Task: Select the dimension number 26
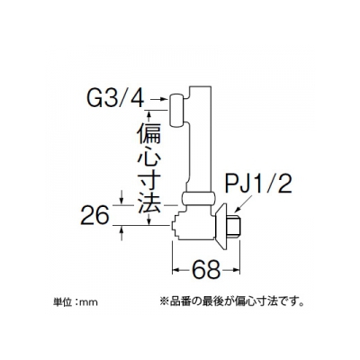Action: (94, 215)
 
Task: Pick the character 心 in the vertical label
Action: (149, 159)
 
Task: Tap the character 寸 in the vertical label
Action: (149, 182)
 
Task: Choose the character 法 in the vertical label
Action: (149, 203)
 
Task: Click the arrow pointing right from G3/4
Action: (157, 99)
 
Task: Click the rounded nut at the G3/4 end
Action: (177, 111)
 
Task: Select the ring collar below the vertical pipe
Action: (199, 199)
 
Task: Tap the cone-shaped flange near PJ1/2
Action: (223, 226)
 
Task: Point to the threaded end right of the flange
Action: (235, 226)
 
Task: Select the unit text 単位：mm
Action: (75, 301)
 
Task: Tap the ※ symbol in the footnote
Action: (166, 301)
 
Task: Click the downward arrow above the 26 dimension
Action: (121, 197)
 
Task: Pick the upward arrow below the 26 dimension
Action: (121, 233)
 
